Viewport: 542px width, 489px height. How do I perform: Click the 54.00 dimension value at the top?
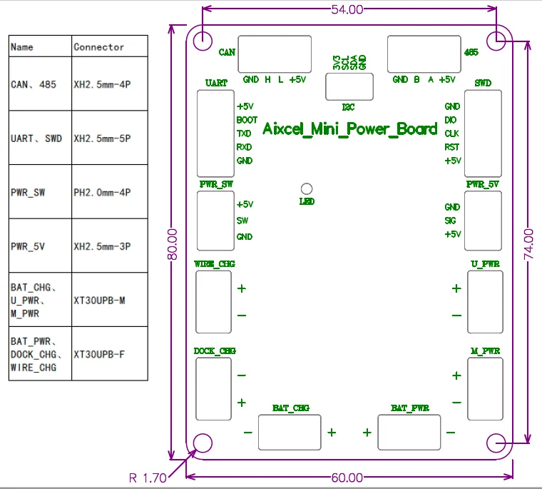[x=347, y=9]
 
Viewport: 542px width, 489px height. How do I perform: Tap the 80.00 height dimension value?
[x=172, y=244]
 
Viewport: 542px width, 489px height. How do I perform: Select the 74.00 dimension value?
[x=528, y=244]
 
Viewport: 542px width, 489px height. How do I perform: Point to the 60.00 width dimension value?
[x=347, y=478]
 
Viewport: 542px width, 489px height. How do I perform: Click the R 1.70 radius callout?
[x=148, y=478]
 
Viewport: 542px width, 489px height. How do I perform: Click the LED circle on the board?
[x=307, y=188]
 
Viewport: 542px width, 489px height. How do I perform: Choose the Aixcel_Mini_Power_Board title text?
[x=350, y=129]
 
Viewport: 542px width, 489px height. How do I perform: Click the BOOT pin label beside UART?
[x=247, y=120]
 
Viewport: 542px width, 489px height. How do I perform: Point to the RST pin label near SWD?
[x=451, y=147]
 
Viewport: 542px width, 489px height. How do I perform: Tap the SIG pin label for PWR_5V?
[x=451, y=221]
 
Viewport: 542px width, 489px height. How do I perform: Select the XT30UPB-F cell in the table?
[x=99, y=354]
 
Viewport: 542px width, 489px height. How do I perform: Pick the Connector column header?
[x=99, y=47]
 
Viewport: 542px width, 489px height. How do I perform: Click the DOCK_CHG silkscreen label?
[x=215, y=351]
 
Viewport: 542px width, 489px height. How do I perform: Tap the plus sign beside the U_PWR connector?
[x=456, y=288]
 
